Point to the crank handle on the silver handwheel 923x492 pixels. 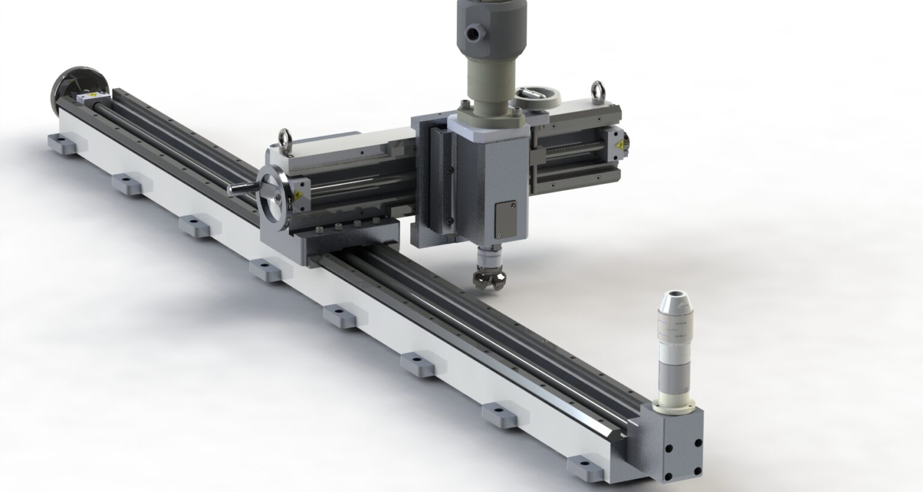(241, 189)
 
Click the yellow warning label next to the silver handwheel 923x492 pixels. (297, 195)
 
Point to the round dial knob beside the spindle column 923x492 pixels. (538, 96)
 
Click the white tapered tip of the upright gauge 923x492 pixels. (675, 300)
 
